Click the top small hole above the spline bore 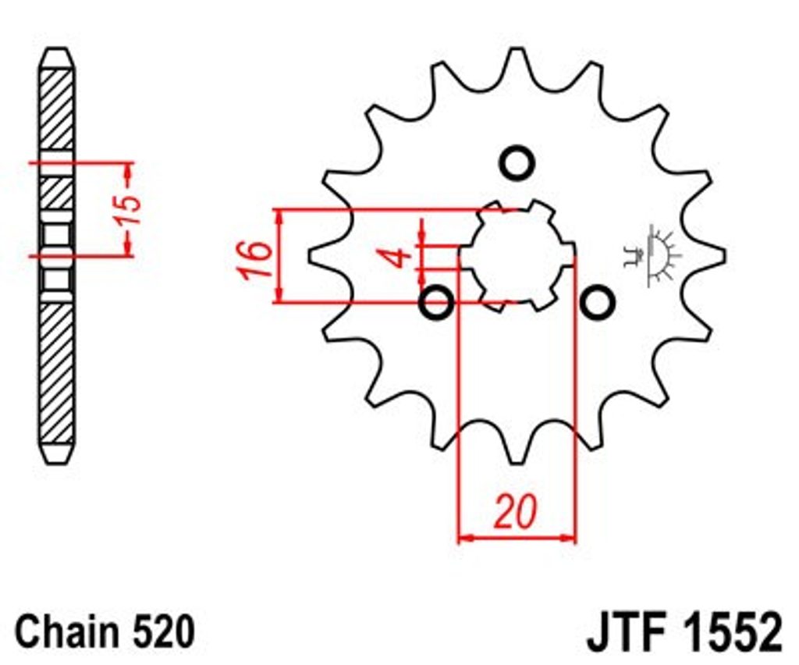pyautogui.click(x=517, y=163)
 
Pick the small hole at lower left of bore pyautogui.click(x=436, y=303)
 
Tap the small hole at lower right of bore pyautogui.click(x=597, y=303)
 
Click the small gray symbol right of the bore pyautogui.click(x=652, y=256)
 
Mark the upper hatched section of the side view pyautogui.click(x=56, y=109)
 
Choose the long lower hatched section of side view pyautogui.click(x=56, y=373)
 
